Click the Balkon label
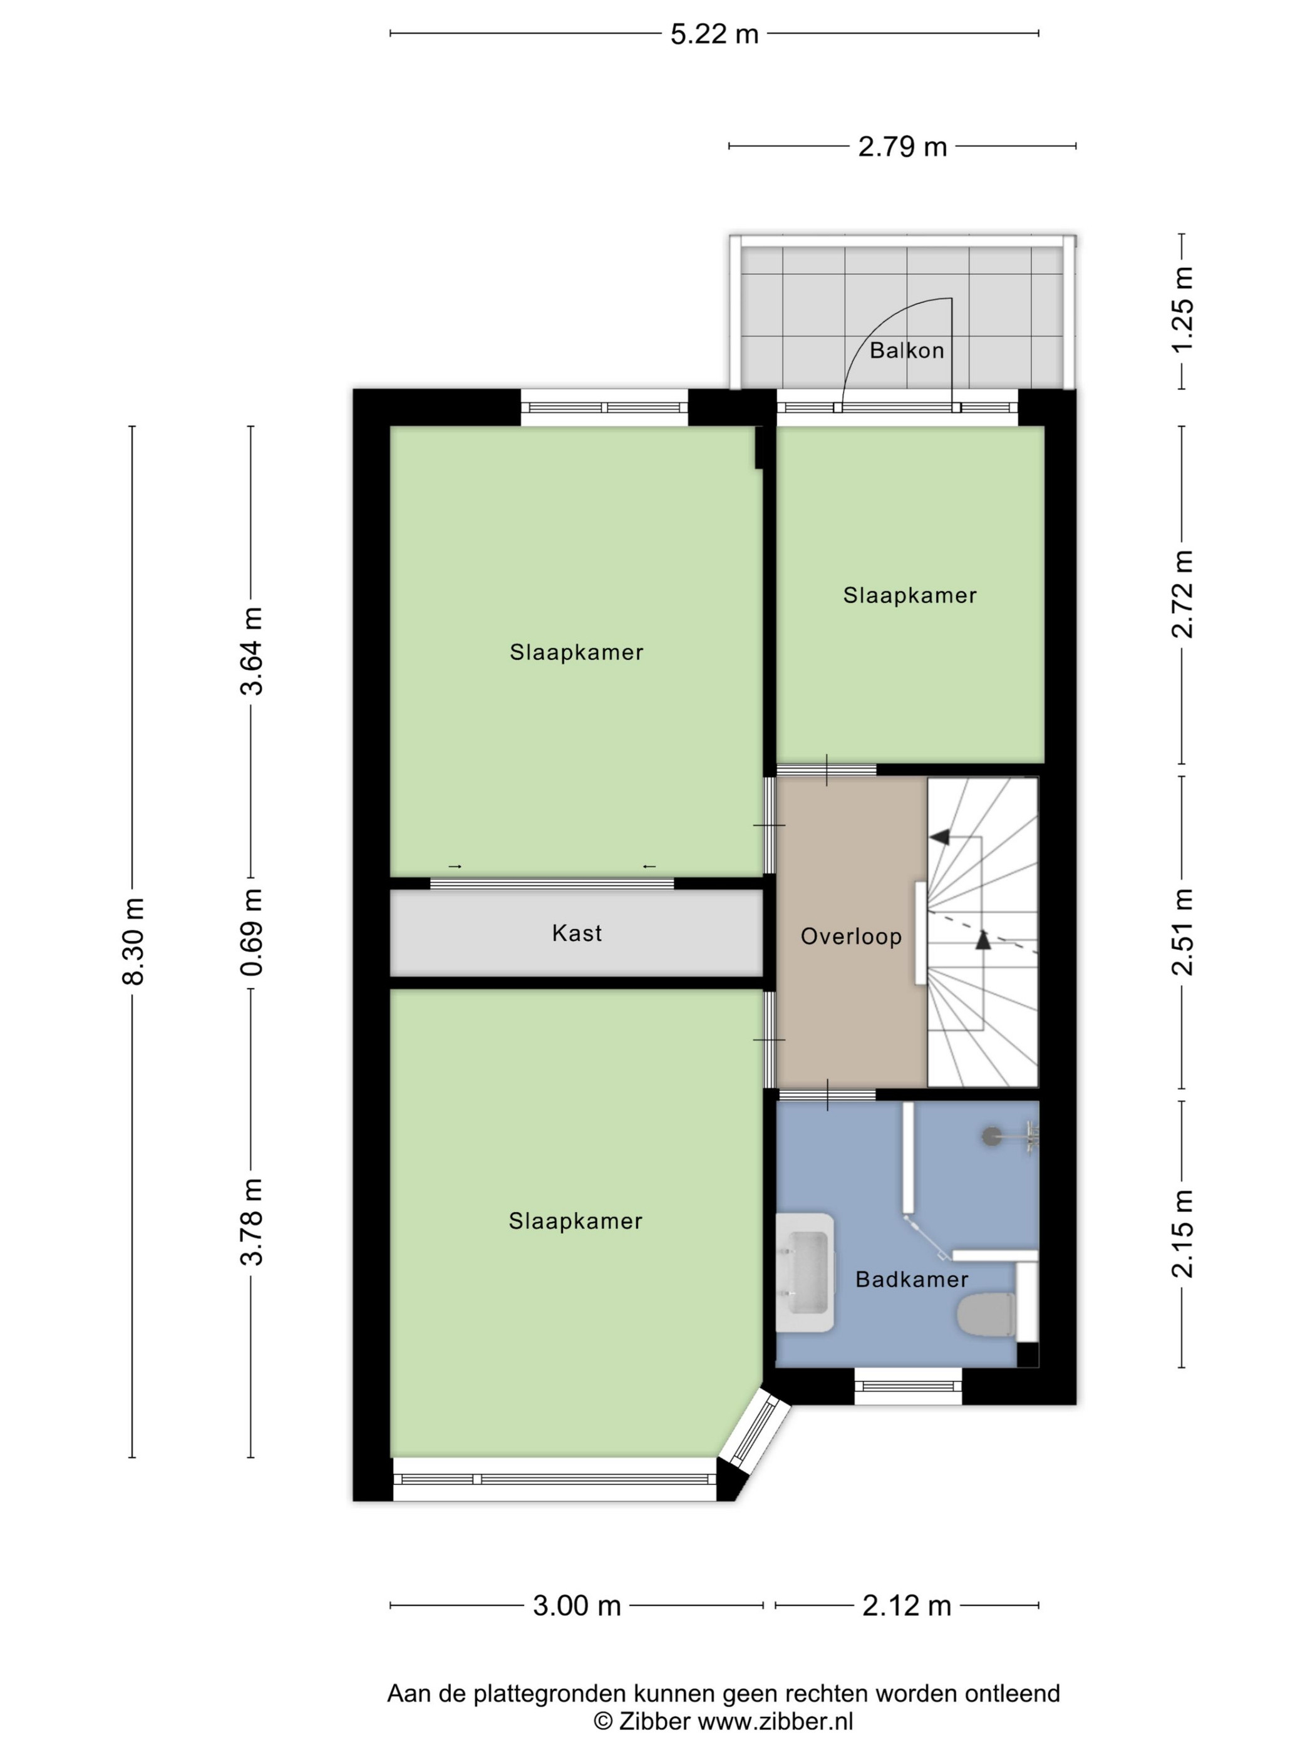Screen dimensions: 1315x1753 click(906, 350)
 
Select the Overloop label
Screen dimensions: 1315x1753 click(850, 937)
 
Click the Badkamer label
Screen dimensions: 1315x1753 click(912, 1279)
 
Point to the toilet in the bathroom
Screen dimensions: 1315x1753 click(986, 1317)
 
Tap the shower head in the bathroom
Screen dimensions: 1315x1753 click(992, 1136)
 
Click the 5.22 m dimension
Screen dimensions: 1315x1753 click(714, 34)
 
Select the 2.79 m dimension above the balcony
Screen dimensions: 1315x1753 click(903, 147)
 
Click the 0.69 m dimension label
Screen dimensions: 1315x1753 click(252, 933)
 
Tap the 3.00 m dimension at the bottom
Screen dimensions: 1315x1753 click(576, 1606)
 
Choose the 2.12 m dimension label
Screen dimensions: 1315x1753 click(906, 1606)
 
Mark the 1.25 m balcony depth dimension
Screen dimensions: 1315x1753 click(1183, 311)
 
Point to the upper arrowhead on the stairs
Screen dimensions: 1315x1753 click(939, 836)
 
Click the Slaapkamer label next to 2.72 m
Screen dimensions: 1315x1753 click(909, 595)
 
